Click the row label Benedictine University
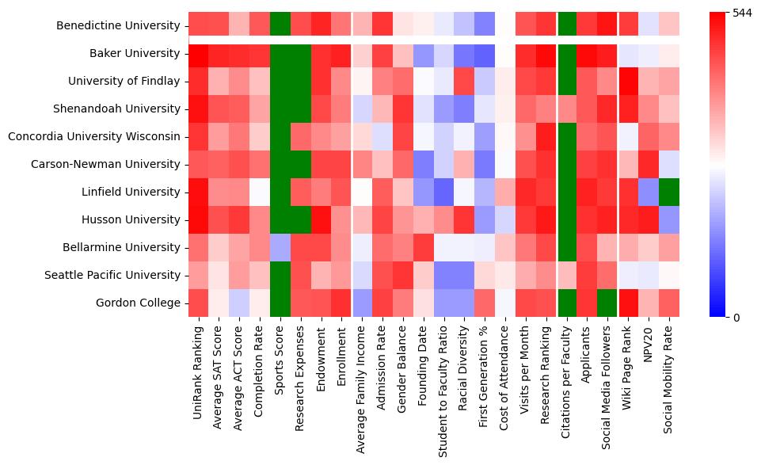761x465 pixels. (x=118, y=26)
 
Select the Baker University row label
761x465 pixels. (x=134, y=54)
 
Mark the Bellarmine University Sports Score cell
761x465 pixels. (x=280, y=248)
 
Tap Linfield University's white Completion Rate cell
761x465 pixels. (x=260, y=192)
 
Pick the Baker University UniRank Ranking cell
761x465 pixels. (x=198, y=54)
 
